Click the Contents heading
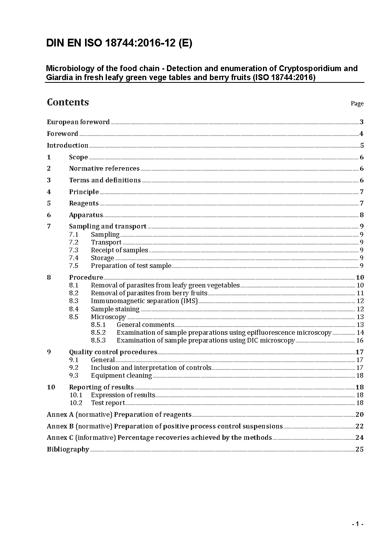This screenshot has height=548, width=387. tap(68, 102)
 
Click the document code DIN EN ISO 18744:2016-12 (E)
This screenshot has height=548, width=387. tap(119, 43)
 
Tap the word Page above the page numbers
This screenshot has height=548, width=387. tap(357, 104)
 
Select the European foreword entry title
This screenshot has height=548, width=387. tap(78, 122)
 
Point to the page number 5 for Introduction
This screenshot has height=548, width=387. tap(362, 145)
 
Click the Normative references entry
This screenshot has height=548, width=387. tap(104, 168)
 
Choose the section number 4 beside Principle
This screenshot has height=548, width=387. tap(49, 192)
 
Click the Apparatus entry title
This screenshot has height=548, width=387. tap(86, 215)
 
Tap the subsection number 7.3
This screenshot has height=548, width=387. tap(74, 250)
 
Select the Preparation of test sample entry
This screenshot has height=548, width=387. tap(131, 266)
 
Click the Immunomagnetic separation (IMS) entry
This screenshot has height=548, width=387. tap(144, 301)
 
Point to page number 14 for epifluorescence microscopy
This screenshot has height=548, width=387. tap(360, 332)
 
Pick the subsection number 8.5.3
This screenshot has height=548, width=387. tap(98, 340)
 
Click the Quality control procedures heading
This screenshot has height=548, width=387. tap(113, 352)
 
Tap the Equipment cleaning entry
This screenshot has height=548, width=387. tap(121, 375)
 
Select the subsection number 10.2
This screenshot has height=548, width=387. tap(76, 403)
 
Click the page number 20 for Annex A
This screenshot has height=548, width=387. tap(359, 414)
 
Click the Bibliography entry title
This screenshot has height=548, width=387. tap(68, 449)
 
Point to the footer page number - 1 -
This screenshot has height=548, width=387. tap(357, 524)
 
